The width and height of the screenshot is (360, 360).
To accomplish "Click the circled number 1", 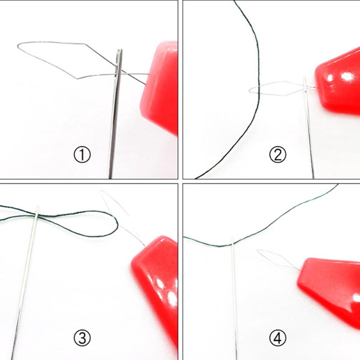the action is pos(82,155).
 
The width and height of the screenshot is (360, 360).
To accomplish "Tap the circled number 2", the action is pos(278,155).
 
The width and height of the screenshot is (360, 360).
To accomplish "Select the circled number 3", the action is pos(82,338).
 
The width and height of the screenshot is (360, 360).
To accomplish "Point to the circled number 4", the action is pos(278,338).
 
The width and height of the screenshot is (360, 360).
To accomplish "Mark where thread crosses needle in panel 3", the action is pos(37,215).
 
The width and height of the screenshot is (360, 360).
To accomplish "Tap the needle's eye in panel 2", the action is pos(305,86).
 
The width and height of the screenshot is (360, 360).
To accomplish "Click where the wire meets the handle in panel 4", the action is pos(300,270).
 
